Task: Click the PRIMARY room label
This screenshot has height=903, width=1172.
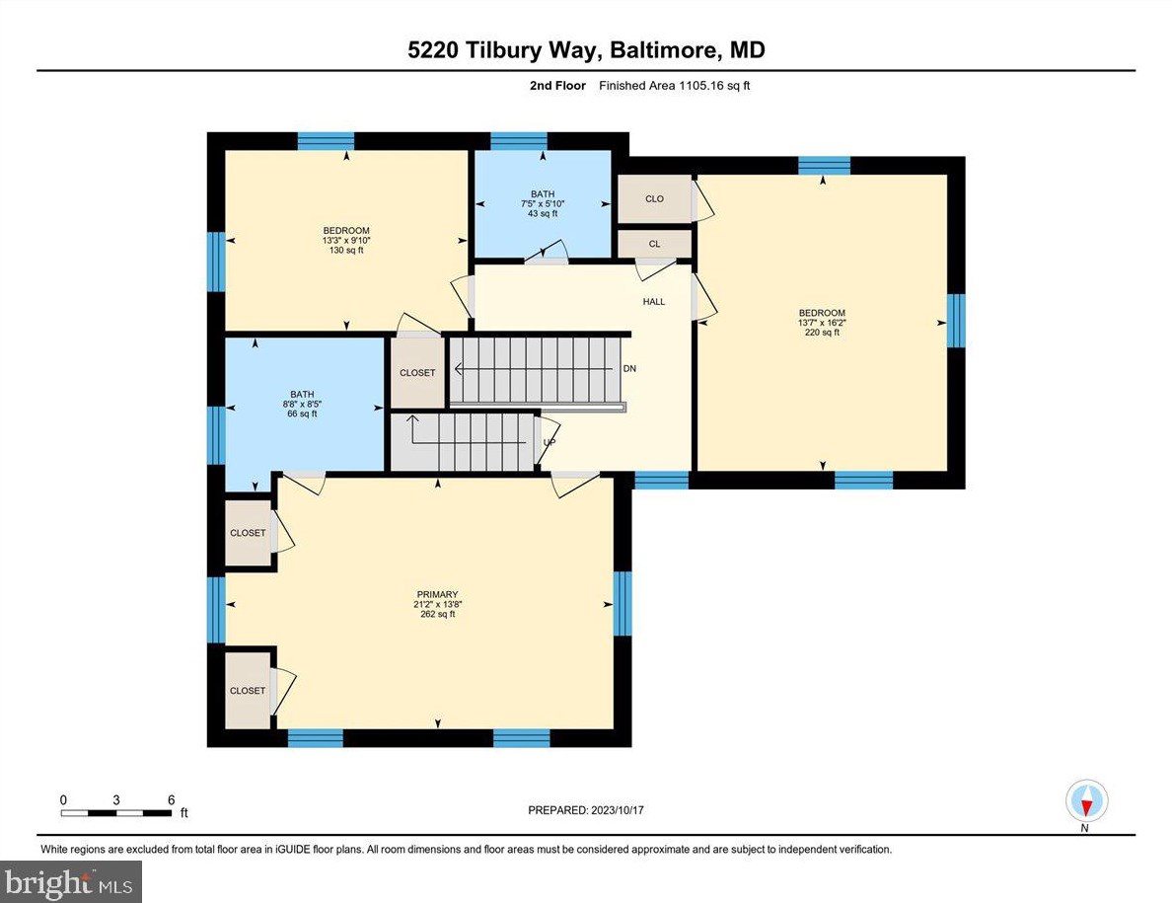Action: click(x=436, y=594)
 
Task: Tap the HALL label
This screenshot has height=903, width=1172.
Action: click(x=653, y=301)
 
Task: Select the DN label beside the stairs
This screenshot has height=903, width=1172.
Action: click(x=629, y=369)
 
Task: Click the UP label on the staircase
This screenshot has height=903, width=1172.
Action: click(x=549, y=442)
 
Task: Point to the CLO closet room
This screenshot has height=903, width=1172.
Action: click(x=654, y=198)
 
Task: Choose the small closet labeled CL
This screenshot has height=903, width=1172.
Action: click(x=654, y=244)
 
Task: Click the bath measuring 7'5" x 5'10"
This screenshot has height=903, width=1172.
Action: click(x=543, y=203)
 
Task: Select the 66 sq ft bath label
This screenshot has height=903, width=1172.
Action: click(x=302, y=414)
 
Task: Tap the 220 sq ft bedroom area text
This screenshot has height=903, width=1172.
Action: click(x=822, y=333)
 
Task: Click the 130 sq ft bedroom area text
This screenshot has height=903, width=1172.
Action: click(x=346, y=251)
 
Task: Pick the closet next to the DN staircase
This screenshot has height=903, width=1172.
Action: click(x=417, y=372)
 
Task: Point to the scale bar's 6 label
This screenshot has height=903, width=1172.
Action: click(x=171, y=799)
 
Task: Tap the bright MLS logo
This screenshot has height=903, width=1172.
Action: click(x=71, y=881)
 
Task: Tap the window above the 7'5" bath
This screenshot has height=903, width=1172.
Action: click(x=519, y=140)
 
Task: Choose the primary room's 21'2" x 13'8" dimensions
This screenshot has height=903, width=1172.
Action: click(x=436, y=604)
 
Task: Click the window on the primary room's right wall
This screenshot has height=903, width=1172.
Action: click(x=622, y=603)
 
